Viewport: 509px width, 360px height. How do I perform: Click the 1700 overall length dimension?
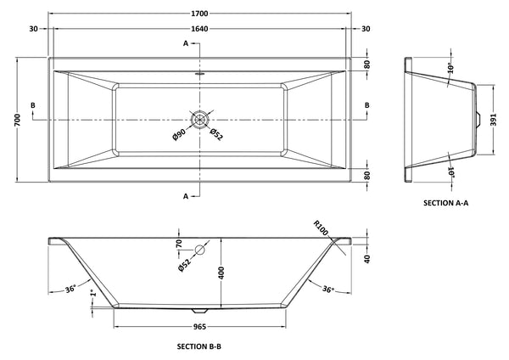[200, 14]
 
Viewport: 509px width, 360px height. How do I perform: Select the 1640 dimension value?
[200, 29]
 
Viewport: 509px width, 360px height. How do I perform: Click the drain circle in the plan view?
[200, 119]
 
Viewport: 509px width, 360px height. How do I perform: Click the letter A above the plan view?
[185, 42]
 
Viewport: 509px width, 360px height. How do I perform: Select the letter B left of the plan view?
[32, 105]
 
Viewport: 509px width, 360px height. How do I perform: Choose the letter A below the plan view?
[185, 195]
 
